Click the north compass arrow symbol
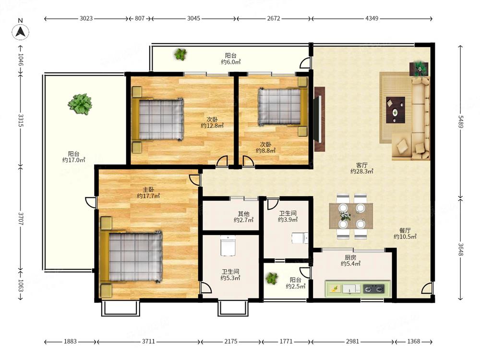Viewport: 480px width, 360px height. coord(21,32)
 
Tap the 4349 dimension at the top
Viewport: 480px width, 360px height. coord(372,18)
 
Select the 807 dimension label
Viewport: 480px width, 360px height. coord(140,18)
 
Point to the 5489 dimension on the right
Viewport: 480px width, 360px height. coord(461,121)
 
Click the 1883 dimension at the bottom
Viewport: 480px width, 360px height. coord(70,341)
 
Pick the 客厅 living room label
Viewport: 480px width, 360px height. coord(361,165)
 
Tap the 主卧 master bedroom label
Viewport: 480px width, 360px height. coord(148,190)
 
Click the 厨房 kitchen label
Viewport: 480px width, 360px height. coord(350,257)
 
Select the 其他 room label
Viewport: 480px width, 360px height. coord(244,214)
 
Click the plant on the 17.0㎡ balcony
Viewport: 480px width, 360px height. coord(80,104)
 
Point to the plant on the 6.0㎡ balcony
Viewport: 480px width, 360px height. coord(180,54)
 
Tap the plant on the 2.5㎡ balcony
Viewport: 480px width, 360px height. coord(272,278)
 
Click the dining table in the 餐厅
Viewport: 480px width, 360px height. coord(351,216)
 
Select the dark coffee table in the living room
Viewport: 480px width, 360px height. coord(396,110)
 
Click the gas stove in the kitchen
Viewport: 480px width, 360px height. coord(373,288)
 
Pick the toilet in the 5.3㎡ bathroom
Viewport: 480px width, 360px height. coord(227,245)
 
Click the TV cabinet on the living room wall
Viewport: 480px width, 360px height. coord(319,119)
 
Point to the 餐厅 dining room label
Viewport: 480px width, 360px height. coord(405,230)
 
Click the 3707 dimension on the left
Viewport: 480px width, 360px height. coord(21,219)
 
